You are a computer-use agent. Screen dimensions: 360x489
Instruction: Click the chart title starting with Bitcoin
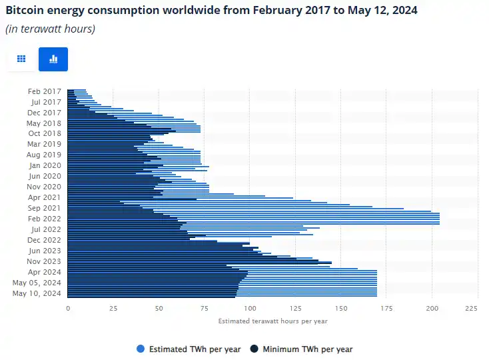coord(211,11)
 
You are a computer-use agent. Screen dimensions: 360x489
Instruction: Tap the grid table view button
coord(21,59)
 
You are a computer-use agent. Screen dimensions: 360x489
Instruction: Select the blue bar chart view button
coord(53,59)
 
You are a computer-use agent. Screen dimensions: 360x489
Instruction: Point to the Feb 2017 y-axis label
coord(45,91)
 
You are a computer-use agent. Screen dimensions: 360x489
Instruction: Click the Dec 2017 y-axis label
coord(44,113)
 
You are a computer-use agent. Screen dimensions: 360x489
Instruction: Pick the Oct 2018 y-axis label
coord(45,133)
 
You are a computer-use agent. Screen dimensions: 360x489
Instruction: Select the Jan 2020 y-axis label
coord(45,165)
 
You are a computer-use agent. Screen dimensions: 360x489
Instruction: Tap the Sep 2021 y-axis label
coord(44,208)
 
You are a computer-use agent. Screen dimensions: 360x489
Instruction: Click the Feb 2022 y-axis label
coord(45,219)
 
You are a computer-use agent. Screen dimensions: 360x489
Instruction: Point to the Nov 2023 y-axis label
coord(44,261)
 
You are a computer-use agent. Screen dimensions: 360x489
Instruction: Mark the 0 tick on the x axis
coord(68,309)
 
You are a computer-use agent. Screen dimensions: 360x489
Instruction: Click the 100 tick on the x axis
coord(250,309)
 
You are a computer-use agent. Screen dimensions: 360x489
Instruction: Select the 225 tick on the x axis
coord(472,309)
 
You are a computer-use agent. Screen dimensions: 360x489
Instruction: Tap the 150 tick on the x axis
coord(341,309)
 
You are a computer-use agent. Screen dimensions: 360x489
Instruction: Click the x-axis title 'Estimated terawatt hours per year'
coord(272,321)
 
